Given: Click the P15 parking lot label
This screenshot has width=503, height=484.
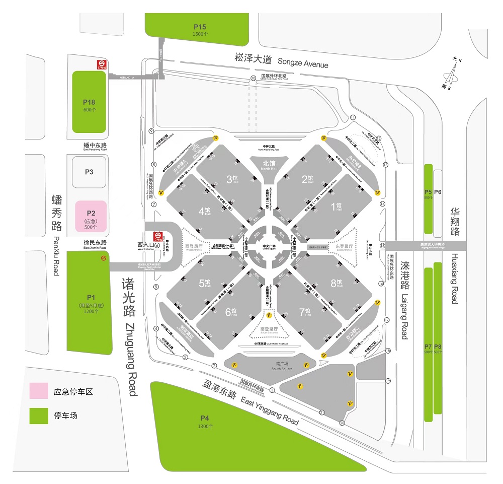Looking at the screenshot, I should [x=200, y=27].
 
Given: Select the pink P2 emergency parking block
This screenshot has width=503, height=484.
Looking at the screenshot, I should [x=91, y=217].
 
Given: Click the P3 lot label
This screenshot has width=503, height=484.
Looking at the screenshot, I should [x=89, y=172].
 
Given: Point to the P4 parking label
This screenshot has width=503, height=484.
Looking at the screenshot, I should [x=204, y=418].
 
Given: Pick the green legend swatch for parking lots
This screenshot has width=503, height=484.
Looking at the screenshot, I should [x=38, y=416].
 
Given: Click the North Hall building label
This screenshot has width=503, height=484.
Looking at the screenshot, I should [x=269, y=165].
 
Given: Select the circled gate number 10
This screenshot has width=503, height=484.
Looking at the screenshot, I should [x=254, y=78].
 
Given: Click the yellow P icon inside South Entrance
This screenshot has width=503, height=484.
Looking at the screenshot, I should [x=269, y=316].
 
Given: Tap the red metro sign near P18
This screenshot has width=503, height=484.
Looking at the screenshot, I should [x=102, y=64].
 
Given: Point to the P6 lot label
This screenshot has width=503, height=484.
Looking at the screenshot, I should [x=438, y=192].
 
